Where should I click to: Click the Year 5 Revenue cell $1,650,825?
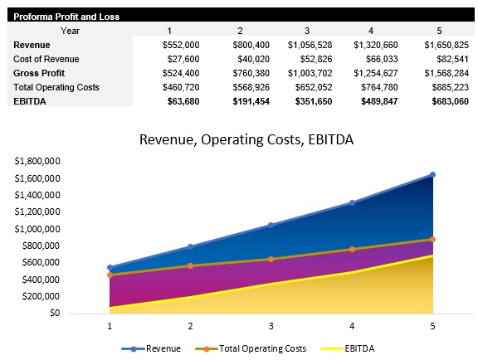(446, 44)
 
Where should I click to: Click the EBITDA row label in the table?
(29, 100)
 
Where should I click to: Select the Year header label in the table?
(70, 30)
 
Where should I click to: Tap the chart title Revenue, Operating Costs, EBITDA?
(246, 139)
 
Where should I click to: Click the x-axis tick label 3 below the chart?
(271, 327)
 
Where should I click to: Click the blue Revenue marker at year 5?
(432, 175)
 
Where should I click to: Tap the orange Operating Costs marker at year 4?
(352, 249)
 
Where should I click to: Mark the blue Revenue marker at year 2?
(190, 246)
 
